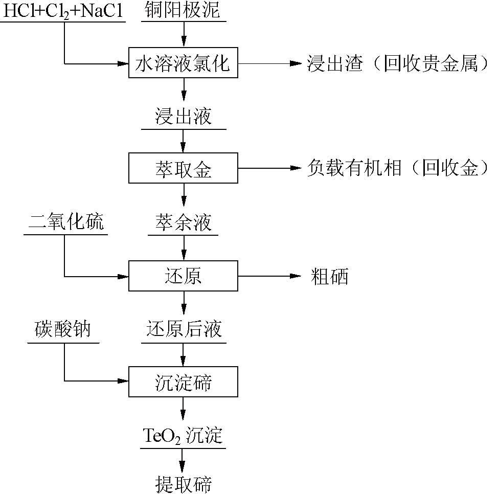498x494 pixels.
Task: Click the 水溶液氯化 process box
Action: pos(183,64)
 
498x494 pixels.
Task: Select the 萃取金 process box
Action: pos(183,168)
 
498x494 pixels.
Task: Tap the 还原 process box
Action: pos(183,276)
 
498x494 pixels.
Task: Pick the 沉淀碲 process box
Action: pos(183,381)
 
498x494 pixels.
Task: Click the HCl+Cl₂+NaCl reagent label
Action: pos(64,11)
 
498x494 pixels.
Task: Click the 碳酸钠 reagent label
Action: pos(63,329)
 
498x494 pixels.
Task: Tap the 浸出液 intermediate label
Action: pos(183,117)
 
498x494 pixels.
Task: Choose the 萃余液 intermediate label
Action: pos(183,223)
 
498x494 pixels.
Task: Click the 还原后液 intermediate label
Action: pos(184,329)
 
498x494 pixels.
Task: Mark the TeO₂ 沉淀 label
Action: pos(183,436)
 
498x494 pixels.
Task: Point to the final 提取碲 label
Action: pos(183,483)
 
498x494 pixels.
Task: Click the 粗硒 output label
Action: pos(329,277)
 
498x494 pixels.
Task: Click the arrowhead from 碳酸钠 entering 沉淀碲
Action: pos(123,381)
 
